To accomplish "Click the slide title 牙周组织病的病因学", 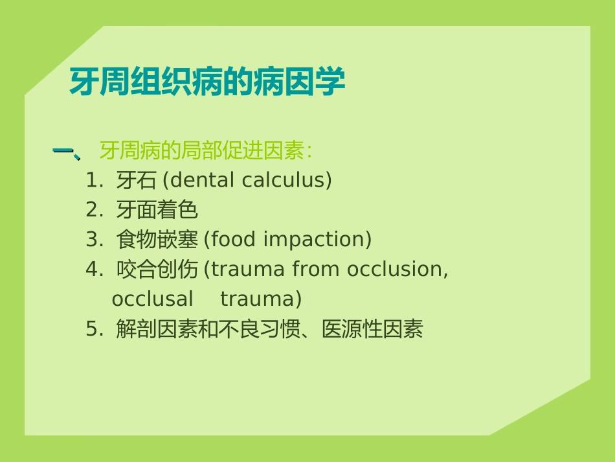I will (207, 82).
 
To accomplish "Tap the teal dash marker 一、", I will (66, 152).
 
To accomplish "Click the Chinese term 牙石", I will (137, 181).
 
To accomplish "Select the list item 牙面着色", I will (157, 210).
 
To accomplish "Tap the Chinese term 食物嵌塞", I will (157, 240).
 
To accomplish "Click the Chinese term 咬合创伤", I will (157, 270).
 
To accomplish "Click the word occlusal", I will (152, 299).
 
